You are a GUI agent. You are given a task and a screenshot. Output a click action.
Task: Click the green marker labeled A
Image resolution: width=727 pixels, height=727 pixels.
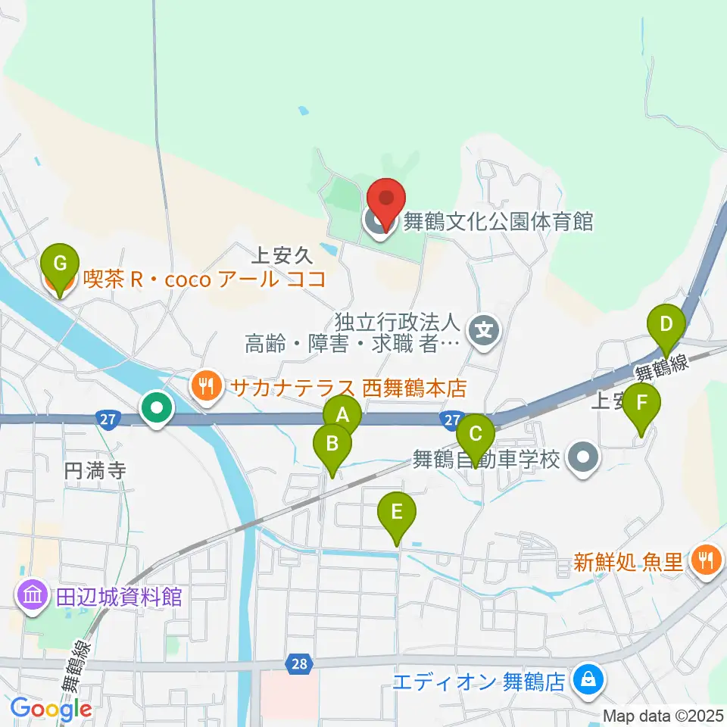[342, 413]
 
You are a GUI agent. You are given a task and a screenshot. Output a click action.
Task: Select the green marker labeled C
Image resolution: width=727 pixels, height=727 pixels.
[476, 434]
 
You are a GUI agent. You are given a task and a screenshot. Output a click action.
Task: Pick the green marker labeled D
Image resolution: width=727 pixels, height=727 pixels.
[666, 324]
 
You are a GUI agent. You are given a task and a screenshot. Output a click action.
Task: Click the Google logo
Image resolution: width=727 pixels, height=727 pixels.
[51, 709]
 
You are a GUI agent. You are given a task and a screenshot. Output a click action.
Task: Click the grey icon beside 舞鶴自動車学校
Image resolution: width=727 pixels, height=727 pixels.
[583, 458]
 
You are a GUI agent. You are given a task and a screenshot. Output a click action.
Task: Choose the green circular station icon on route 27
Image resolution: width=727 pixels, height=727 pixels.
[158, 410]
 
